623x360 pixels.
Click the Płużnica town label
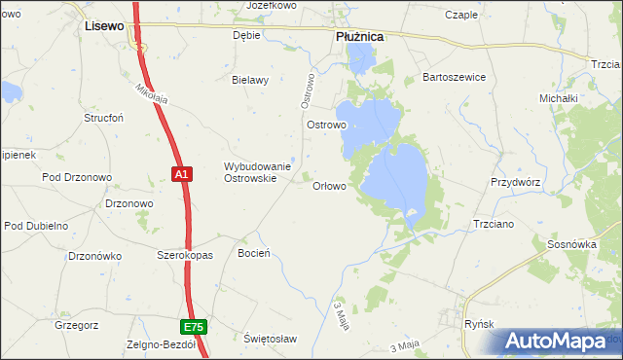359,35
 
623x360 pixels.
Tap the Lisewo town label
104,26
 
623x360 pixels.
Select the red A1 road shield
182,174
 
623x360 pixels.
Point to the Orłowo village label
328,186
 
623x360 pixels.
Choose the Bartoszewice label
453,77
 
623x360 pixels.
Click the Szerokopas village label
185,253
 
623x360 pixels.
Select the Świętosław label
270,338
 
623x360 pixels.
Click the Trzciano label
493,223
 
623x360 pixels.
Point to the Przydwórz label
515,182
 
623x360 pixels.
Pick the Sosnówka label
571,244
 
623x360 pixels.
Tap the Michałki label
559,98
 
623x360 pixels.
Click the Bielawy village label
249,80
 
